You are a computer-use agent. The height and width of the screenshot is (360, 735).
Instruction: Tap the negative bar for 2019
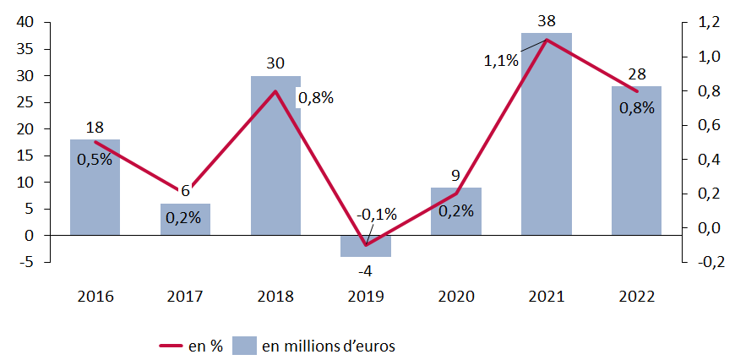366,246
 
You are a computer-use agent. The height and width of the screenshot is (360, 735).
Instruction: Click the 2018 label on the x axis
275,297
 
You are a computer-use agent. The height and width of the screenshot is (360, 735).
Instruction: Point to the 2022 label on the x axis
636,297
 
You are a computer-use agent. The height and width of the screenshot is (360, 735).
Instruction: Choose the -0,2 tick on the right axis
706,262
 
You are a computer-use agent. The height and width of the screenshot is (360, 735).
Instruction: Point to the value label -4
366,271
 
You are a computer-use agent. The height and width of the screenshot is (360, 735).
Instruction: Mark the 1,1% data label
501,61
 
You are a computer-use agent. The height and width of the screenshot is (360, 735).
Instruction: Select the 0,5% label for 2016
95,159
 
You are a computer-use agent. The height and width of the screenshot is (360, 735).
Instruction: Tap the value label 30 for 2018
275,63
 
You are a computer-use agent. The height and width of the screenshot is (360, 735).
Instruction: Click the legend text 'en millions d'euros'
329,346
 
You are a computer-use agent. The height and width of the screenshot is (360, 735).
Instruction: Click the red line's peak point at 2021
547,40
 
